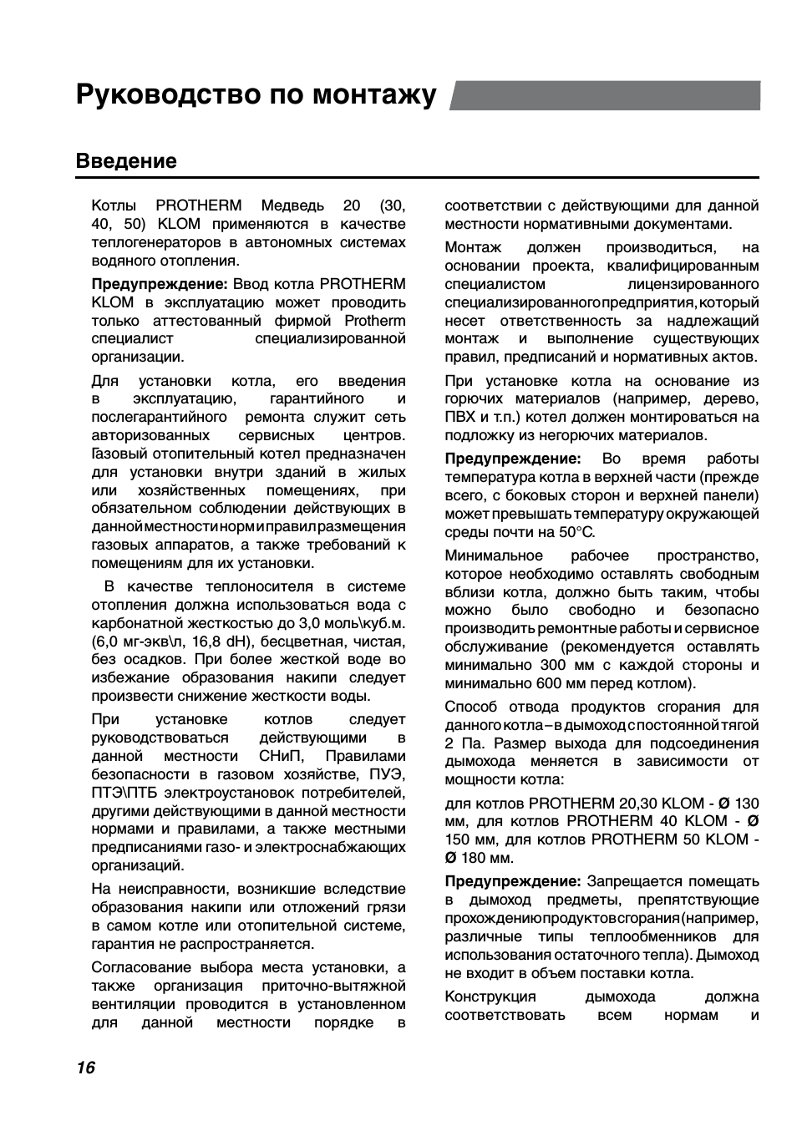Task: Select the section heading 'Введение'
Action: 126,160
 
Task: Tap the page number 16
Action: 85,1068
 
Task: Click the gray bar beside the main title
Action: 606,95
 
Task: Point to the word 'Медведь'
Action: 292,205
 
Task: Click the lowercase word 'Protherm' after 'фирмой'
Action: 375,321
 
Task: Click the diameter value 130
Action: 746,804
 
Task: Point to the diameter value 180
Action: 473,858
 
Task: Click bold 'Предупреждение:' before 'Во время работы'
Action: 512,459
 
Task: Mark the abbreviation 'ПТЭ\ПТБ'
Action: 124,793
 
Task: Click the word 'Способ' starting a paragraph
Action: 470,707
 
